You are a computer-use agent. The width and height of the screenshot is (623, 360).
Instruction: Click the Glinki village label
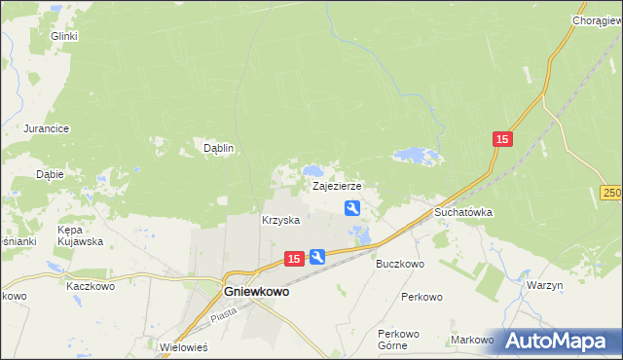pyautogui.click(x=64, y=37)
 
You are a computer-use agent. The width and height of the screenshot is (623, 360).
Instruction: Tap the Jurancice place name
pyautogui.click(x=45, y=128)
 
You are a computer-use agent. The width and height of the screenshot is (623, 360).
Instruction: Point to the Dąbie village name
pyautogui.click(x=50, y=175)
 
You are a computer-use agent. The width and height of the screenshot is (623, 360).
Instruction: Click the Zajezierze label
pyautogui.click(x=337, y=185)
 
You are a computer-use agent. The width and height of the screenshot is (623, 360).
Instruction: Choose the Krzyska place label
pyautogui.click(x=280, y=221)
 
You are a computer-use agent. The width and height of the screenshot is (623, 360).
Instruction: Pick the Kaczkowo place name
pyautogui.click(x=91, y=287)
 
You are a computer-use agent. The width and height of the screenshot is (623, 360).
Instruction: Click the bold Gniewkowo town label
pyautogui.click(x=256, y=290)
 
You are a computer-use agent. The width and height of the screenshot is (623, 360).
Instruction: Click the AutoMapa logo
pyautogui.click(x=559, y=341)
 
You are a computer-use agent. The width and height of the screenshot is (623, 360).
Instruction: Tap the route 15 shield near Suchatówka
pyautogui.click(x=501, y=141)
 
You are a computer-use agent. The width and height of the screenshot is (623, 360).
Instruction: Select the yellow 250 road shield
pyautogui.click(x=611, y=193)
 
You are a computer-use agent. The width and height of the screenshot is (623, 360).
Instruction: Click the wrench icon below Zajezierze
pyautogui.click(x=352, y=207)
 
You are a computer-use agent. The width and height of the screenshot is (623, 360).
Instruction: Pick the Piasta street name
pyautogui.click(x=225, y=313)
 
